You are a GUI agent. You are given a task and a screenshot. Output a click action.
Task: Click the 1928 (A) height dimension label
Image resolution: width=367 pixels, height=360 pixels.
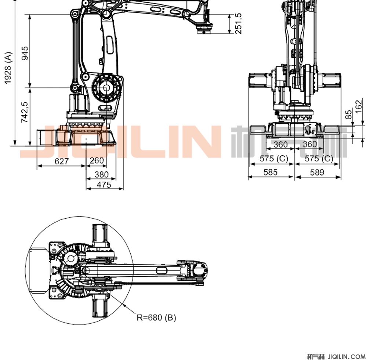(8, 68)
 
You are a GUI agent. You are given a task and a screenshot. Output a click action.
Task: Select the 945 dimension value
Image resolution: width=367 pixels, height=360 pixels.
(25, 53)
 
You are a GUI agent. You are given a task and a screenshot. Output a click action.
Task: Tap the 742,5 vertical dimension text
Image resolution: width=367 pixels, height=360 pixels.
(25, 112)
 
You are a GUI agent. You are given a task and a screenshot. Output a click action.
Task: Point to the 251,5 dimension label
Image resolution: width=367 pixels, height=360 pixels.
(238, 23)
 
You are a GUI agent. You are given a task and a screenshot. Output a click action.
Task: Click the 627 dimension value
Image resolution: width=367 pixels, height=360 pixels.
(62, 161)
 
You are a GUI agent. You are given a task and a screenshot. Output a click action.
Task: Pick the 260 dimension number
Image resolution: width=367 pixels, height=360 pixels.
(97, 160)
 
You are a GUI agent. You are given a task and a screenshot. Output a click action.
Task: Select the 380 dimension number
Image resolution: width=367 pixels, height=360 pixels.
(102, 174)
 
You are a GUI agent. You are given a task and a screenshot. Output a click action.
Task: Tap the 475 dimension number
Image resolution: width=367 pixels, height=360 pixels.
(104, 185)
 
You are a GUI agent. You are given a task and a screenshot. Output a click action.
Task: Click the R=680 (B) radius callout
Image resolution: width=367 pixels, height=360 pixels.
(156, 317)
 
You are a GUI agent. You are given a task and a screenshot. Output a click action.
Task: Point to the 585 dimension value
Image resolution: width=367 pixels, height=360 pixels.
(270, 172)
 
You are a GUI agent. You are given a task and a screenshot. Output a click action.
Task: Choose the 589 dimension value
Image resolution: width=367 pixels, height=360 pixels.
(317, 172)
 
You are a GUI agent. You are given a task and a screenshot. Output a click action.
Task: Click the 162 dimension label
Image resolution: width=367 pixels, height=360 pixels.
(359, 107)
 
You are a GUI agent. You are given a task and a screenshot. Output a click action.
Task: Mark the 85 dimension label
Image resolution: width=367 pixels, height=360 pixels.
(349, 114)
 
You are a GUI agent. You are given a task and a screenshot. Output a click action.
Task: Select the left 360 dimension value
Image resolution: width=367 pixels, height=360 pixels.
(280, 145)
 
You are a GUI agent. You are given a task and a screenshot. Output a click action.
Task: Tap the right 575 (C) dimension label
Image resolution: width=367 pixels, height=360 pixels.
(319, 159)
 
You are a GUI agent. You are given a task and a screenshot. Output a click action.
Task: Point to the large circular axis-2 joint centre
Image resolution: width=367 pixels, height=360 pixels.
(106, 88)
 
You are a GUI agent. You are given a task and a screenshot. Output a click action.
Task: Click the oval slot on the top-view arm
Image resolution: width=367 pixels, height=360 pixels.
(161, 270)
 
